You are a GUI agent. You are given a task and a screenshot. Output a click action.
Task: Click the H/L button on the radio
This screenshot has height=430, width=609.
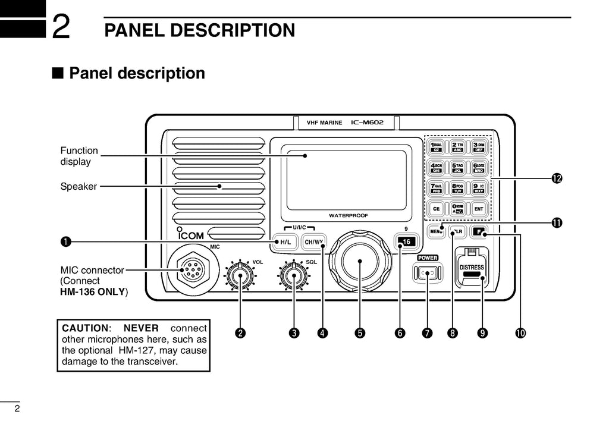pyautogui.click(x=284, y=242)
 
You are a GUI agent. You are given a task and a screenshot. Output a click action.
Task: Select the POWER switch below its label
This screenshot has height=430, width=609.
pyautogui.click(x=428, y=273)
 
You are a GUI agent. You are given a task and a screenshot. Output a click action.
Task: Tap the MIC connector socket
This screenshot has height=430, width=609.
pyautogui.click(x=190, y=272)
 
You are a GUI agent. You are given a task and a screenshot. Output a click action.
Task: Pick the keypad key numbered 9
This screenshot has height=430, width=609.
pyautogui.click(x=479, y=188)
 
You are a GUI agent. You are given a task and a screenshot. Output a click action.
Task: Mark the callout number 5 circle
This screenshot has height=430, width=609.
pyautogui.click(x=360, y=333)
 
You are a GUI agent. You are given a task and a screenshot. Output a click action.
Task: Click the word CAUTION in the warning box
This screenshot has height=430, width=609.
pyautogui.click(x=86, y=328)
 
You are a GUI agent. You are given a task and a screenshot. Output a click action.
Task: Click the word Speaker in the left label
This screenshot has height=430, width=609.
pyautogui.click(x=79, y=187)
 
